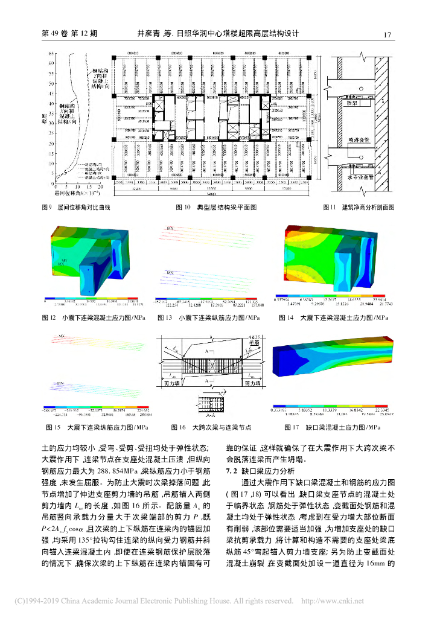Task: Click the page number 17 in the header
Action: point(388,34)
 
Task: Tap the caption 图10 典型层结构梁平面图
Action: point(217,207)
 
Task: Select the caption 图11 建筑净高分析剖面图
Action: point(360,207)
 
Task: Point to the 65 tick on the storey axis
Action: point(51,54)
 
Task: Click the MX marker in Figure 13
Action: point(171,229)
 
